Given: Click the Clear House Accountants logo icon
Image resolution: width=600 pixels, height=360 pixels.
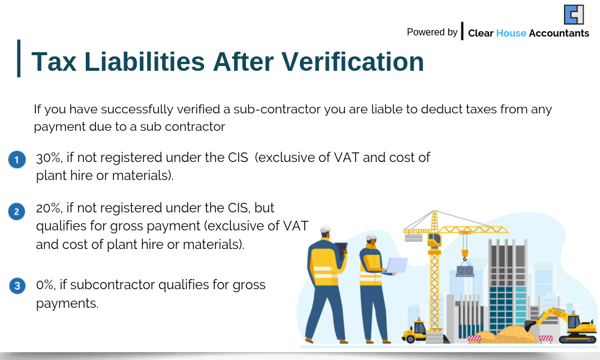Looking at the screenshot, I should coord(574,14).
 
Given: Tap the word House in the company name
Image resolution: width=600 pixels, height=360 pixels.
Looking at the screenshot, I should coord(511,34).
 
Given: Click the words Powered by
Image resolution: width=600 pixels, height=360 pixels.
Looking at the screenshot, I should coord(432,32).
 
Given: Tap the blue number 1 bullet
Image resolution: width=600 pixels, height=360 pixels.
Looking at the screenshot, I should coord(17,160).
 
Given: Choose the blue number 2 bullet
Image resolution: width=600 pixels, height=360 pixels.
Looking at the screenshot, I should coord(17,211).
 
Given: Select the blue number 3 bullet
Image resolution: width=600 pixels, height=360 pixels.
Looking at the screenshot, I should coord(17,286).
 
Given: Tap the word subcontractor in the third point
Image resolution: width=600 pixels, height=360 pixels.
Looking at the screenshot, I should coord(107,284).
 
